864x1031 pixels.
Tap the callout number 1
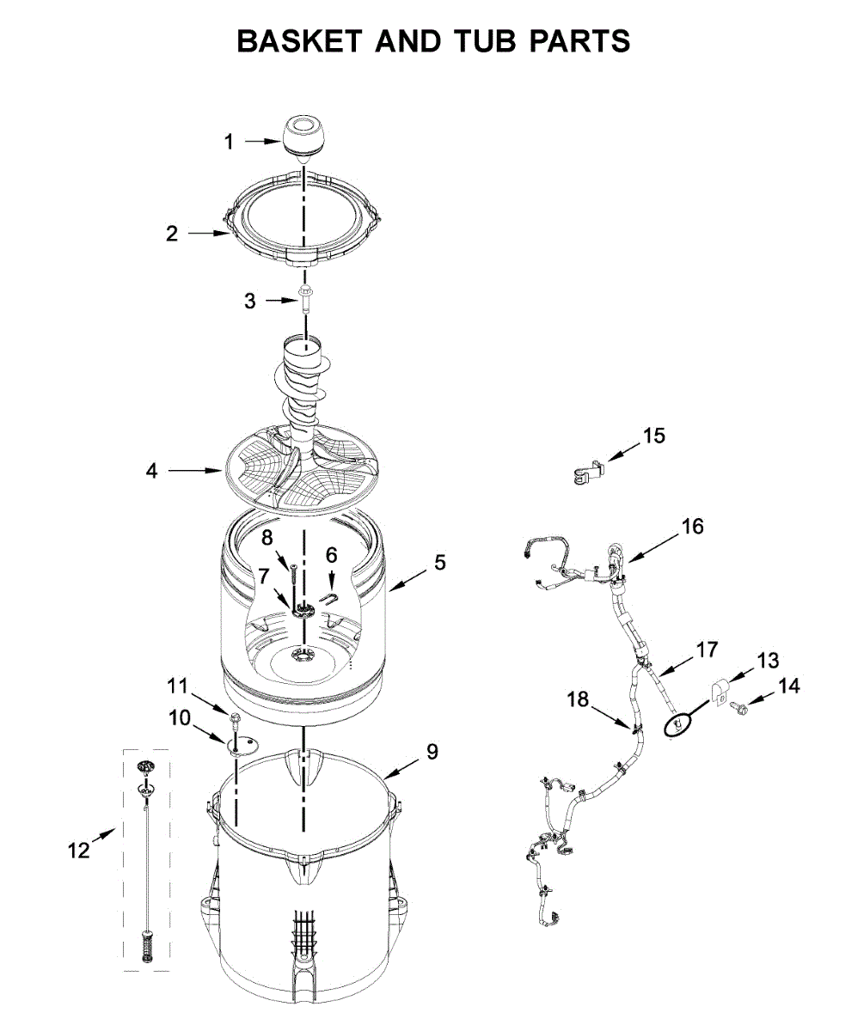coord(229,142)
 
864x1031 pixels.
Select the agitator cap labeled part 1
coord(304,138)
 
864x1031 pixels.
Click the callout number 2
coord(172,233)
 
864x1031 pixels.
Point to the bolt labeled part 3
coord(305,298)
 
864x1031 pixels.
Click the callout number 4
coord(151,471)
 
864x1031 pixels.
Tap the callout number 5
coord(440,563)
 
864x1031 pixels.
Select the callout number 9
coord(432,752)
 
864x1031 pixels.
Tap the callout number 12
coord(78,851)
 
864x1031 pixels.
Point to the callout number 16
coord(693,525)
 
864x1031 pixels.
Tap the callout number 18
coord(578,700)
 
